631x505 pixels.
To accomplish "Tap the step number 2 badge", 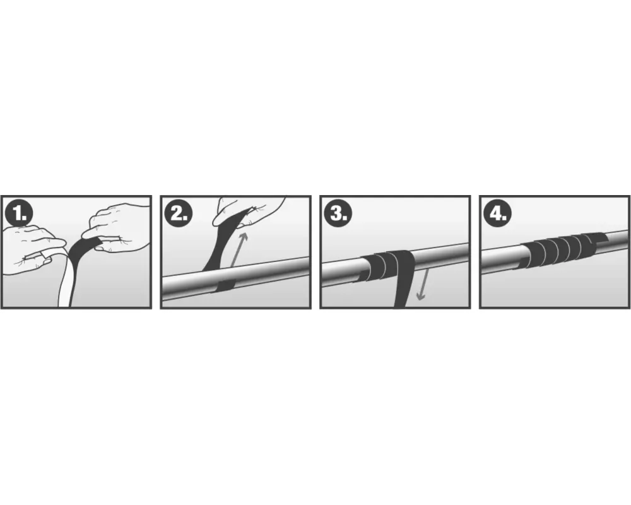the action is [x=179, y=213].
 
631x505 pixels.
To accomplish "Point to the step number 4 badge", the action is [x=498, y=213].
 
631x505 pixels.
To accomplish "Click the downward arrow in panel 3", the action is [x=423, y=285].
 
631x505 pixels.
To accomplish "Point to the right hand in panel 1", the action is [x=117, y=227].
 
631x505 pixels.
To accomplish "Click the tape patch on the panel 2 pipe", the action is [x=225, y=285].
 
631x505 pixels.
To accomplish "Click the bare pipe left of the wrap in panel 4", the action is [x=501, y=259].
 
